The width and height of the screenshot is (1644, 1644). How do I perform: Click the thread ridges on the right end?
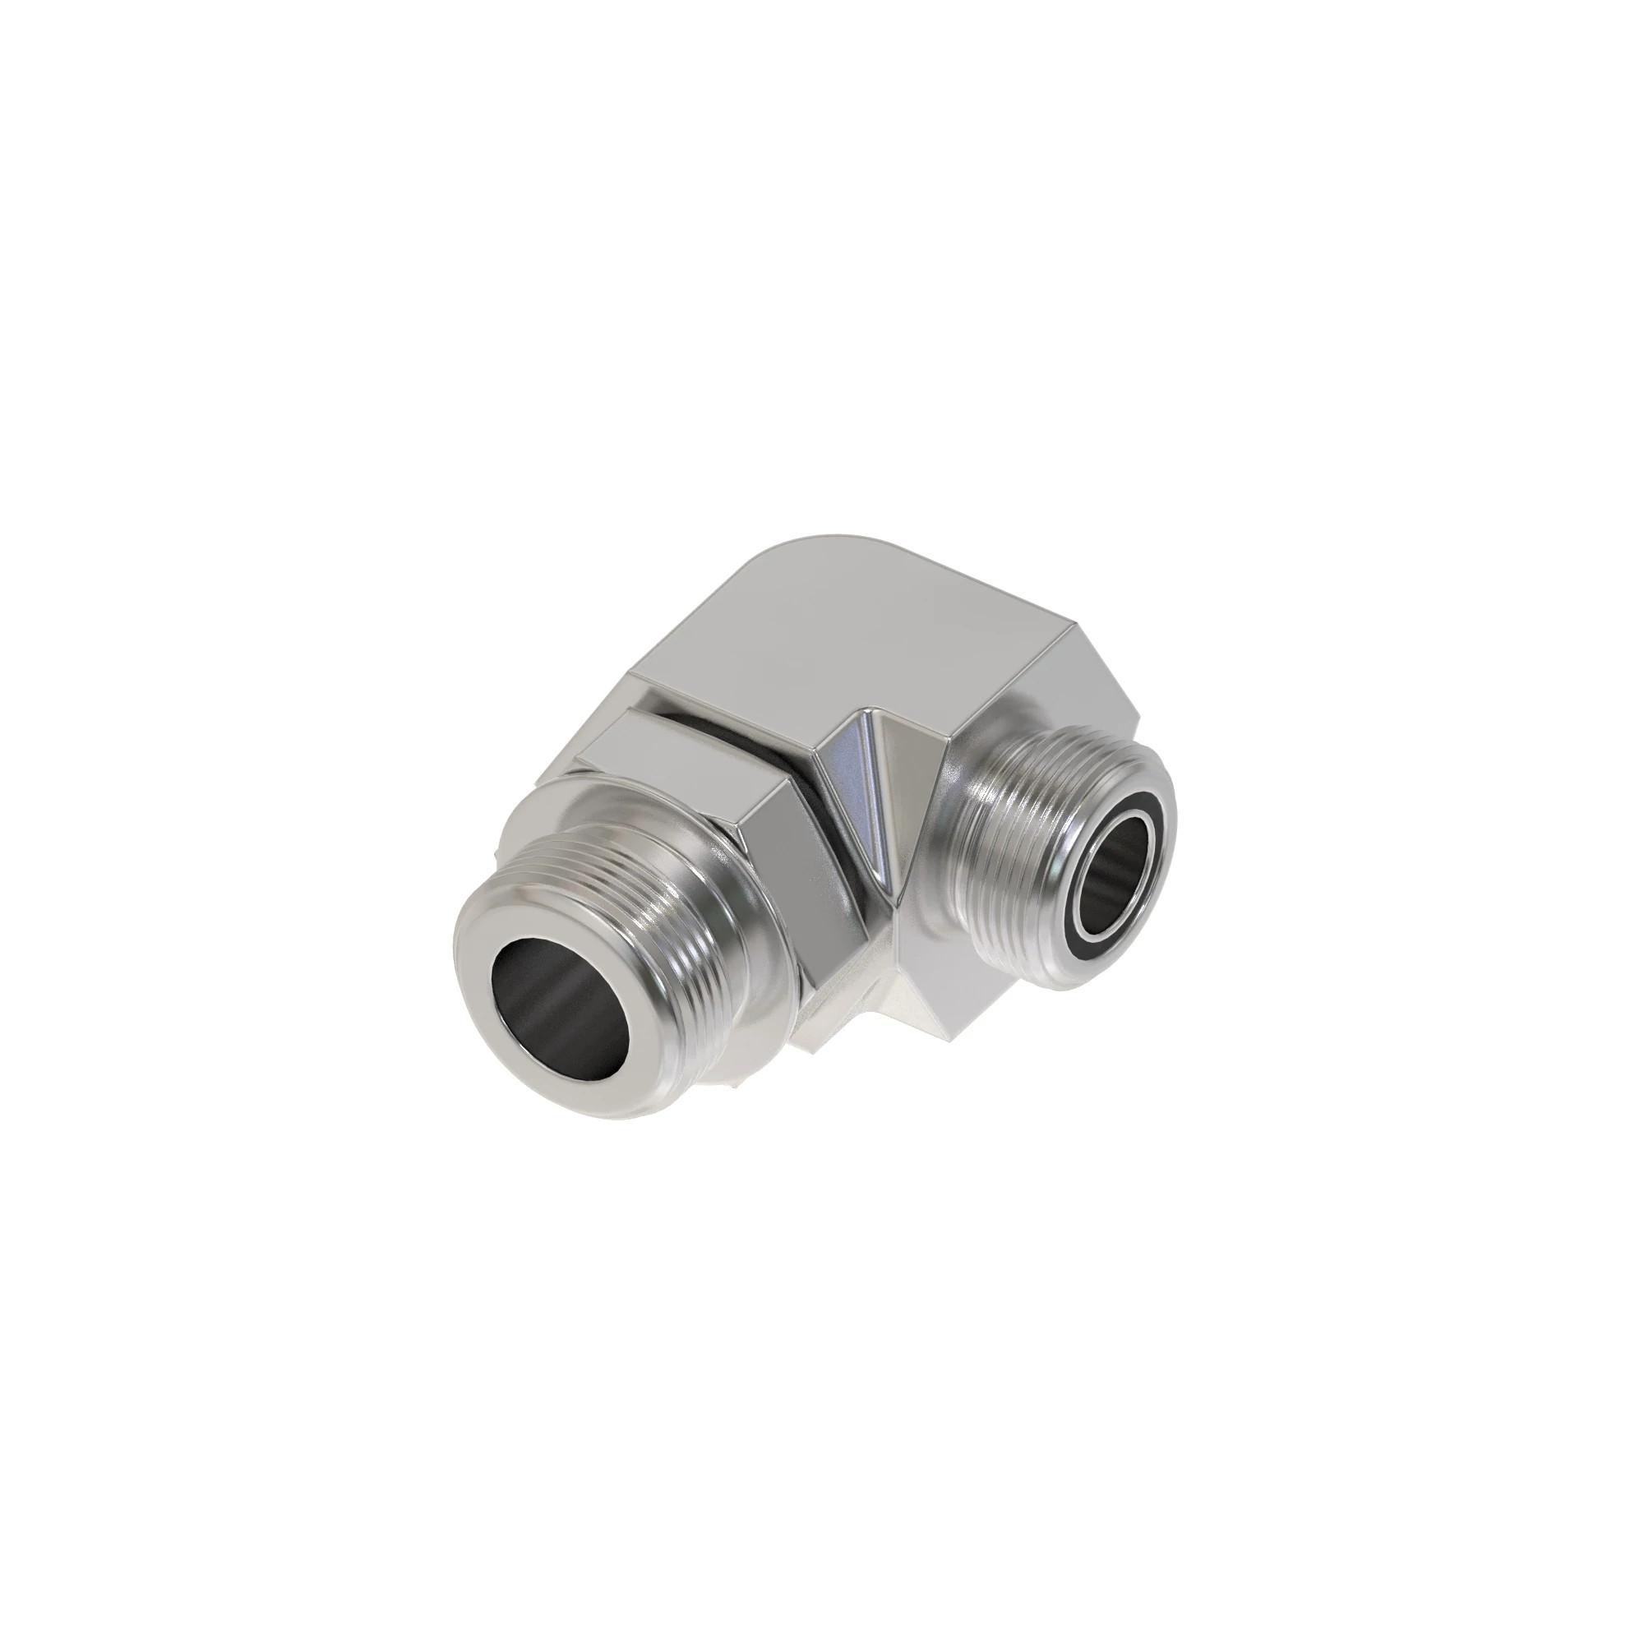[x=1021, y=860]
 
